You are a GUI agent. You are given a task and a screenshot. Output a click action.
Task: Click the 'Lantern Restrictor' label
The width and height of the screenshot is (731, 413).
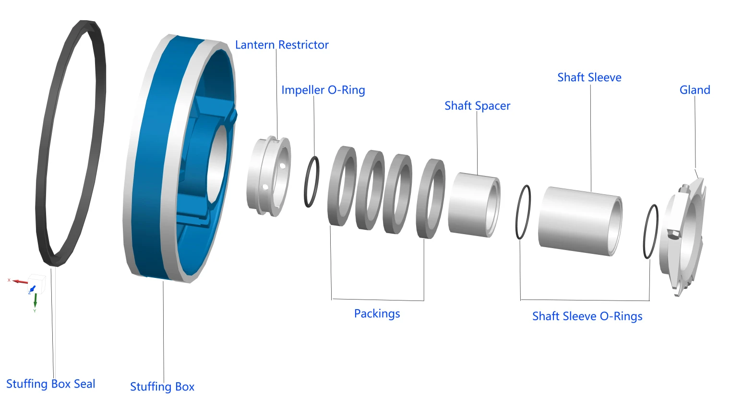pos(282,45)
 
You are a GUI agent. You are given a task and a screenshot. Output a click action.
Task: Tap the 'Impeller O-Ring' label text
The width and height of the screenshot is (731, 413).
pos(323,90)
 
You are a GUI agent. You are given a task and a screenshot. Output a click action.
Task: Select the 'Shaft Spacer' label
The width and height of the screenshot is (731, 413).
pos(477,106)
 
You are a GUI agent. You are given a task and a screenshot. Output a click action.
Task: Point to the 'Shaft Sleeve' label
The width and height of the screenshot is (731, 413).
pos(589,77)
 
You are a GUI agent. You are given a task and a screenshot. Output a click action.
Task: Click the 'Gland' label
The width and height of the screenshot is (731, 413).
pos(695,90)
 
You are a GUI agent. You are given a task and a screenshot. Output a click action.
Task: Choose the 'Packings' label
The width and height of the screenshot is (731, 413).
pos(377,313)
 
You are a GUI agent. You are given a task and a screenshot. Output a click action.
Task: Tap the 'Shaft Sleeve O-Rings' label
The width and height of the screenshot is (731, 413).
pos(587,316)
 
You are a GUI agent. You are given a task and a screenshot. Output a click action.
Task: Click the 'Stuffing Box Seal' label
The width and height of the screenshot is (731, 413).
pos(50,384)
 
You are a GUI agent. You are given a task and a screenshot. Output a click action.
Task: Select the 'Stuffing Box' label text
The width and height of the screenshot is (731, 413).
pos(162,387)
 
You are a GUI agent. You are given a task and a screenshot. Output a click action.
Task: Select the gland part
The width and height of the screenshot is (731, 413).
pos(684,236)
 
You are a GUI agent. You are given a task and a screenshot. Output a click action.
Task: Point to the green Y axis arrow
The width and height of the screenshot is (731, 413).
pos(35,300)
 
